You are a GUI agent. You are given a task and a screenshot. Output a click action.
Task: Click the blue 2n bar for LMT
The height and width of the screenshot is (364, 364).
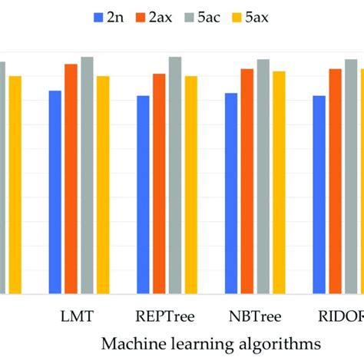tap(55, 192)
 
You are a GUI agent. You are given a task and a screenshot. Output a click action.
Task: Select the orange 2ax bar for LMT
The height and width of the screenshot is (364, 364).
tap(71, 178)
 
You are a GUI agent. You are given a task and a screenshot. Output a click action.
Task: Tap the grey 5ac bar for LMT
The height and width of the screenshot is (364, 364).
tap(87, 175)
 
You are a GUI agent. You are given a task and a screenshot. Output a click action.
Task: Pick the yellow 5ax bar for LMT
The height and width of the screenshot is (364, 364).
tap(103, 184)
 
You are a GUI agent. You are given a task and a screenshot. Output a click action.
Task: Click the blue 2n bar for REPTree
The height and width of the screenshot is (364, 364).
tap(143, 194)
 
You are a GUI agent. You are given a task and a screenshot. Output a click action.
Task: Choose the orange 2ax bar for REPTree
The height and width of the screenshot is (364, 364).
tap(159, 184)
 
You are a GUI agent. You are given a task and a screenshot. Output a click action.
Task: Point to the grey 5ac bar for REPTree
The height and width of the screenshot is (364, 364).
tap(175, 175)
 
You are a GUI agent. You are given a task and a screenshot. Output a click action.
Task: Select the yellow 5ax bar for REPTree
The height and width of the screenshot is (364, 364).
tap(190, 184)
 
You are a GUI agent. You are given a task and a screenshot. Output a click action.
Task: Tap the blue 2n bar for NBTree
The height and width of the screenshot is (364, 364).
tap(231, 193)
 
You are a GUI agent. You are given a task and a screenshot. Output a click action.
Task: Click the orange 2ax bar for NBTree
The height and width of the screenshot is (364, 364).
tap(247, 181)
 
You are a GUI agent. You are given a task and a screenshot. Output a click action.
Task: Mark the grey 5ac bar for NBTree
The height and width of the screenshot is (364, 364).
tap(263, 176)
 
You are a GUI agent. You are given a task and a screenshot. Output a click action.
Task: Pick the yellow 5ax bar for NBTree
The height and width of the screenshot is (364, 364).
tap(279, 182)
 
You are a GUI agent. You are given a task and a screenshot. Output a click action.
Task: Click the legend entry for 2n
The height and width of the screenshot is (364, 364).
tap(107, 16)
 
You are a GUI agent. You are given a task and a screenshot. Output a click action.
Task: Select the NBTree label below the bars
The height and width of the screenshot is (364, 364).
tap(255, 316)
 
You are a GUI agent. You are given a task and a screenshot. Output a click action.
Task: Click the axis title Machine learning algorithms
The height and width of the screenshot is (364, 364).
tap(211, 342)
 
